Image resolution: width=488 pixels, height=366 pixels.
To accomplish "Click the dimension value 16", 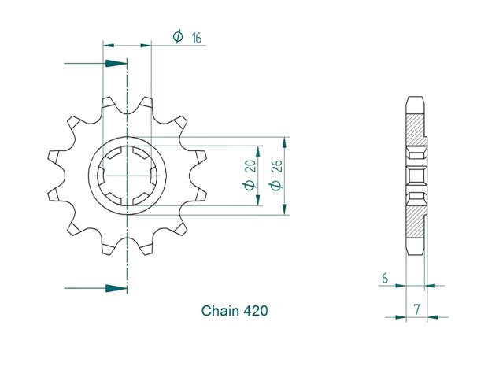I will (x=194, y=35).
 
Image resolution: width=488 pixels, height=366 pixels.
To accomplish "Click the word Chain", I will (x=218, y=312).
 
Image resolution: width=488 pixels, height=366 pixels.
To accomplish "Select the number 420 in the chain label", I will (x=255, y=312).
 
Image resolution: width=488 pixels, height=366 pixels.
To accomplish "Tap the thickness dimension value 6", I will (x=384, y=277).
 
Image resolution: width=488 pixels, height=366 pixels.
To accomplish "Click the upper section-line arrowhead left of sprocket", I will (x=116, y=62).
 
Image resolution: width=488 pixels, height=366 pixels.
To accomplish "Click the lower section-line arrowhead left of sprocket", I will (x=116, y=288).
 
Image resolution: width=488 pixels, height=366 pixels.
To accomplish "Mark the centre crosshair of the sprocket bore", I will (x=127, y=175).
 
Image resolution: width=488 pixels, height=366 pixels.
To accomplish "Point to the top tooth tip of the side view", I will (x=416, y=98).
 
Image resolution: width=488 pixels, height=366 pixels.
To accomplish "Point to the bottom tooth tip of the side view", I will (x=416, y=253).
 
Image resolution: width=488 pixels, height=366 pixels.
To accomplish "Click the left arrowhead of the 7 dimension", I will (x=399, y=317).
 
